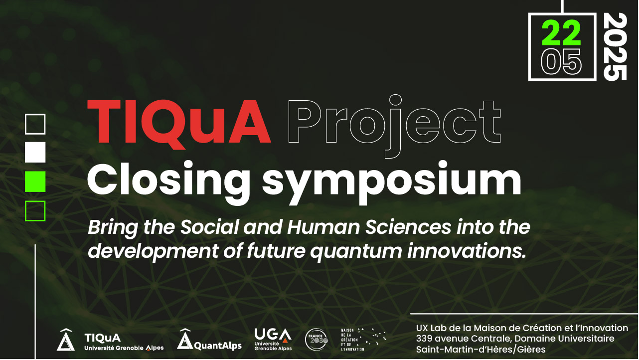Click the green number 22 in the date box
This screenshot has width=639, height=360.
(561, 33)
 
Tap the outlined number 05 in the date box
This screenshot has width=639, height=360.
(561, 62)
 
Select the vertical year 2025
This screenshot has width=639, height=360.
(615, 47)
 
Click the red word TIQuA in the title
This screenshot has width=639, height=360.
(179, 123)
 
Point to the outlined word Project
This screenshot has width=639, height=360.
(395, 126)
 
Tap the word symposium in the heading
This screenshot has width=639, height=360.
(391, 182)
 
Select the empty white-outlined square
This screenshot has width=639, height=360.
(35, 115)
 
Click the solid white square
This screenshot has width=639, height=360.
(35, 153)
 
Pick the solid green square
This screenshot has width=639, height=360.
(35, 181)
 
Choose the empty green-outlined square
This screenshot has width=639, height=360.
(35, 201)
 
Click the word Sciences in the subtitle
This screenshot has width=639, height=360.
(408, 227)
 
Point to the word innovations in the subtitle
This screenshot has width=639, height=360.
(467, 251)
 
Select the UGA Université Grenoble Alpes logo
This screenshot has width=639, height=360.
(273, 339)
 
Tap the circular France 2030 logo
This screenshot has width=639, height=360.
(317, 340)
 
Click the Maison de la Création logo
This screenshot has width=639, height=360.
(363, 340)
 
